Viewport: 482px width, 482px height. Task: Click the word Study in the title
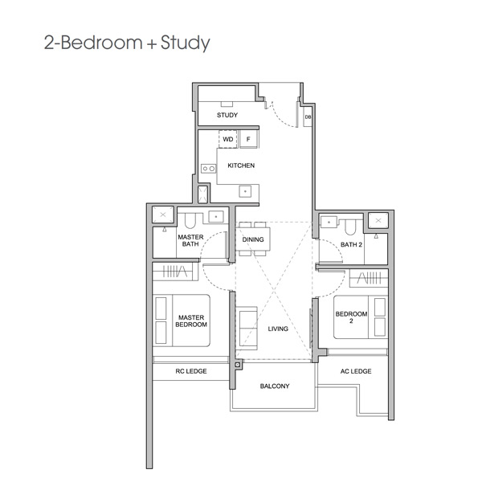coord(185,43)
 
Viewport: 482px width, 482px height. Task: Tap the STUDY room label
coord(227,115)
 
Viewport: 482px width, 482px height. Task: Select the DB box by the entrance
coord(308,116)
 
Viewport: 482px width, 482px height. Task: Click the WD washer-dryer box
coord(228,139)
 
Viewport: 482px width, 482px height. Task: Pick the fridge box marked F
coord(248,139)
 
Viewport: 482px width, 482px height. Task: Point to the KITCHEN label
coord(241,165)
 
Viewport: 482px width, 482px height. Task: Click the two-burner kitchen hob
coord(208,169)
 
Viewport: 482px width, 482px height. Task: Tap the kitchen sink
coord(245,191)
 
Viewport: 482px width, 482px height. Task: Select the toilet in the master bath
coord(190,220)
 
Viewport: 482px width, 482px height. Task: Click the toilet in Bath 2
coord(350,227)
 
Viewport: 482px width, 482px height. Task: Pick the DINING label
coord(253,239)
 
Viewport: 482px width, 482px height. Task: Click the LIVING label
coord(278,329)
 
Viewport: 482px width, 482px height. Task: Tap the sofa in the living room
coord(247,328)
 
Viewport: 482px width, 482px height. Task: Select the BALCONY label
coord(275,386)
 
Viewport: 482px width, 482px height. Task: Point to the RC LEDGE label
coord(191,371)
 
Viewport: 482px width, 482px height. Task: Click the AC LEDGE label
coord(356,371)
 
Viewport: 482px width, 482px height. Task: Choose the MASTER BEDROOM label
coord(191,321)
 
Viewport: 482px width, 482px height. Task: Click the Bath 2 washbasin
coord(329,222)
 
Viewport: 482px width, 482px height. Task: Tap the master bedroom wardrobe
coord(175,272)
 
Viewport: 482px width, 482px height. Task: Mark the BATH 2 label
coord(351,245)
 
